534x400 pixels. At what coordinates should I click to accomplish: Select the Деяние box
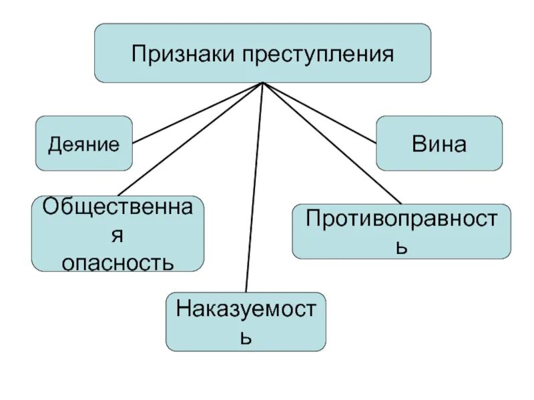coord(84,143)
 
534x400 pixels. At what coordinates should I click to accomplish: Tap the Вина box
coord(439,143)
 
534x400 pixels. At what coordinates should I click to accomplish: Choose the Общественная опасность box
coord(118,233)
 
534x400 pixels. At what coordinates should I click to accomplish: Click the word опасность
coord(118,261)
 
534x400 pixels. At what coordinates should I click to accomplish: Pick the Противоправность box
coord(401,231)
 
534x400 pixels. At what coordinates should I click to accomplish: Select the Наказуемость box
coord(246,321)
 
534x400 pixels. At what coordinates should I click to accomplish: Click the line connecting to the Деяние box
coord(200,113)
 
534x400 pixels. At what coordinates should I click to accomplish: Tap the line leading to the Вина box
coord(320,113)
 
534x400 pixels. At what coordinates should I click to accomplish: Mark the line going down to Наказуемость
coord(255,187)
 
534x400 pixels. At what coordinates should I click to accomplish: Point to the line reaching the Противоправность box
coord(334,143)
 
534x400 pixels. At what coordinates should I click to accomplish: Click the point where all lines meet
coord(264,83)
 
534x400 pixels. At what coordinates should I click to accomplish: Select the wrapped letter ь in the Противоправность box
coord(401,247)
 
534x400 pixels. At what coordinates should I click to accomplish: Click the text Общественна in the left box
coord(118,207)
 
